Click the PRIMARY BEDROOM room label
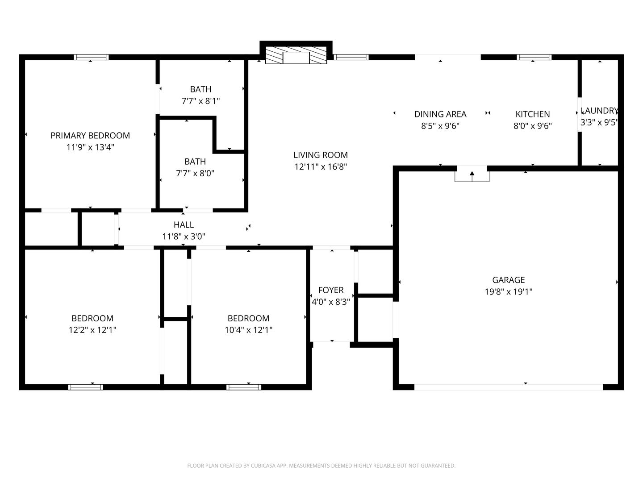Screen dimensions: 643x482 [90, 136]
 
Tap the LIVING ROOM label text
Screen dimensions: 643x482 [321, 155]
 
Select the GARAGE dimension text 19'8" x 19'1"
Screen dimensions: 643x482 [509, 292]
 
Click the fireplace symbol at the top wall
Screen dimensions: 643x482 [296, 55]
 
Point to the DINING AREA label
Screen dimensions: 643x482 [440, 114]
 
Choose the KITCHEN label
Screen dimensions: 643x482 [533, 114]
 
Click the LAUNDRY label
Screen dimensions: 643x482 [599, 111]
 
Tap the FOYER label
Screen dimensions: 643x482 [331, 290]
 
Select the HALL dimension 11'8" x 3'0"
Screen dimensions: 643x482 [184, 237]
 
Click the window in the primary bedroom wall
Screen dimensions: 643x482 [91, 57]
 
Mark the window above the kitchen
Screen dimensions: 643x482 [534, 57]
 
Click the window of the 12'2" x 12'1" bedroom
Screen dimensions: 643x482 [86, 387]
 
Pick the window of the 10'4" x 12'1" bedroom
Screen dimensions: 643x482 [244, 387]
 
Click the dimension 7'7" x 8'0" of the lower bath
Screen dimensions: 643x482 [195, 174]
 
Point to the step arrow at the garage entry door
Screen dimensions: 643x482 [472, 176]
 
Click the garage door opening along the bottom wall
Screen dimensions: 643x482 [509, 387]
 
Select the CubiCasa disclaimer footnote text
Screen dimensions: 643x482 [321, 465]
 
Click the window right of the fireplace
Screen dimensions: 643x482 [351, 57]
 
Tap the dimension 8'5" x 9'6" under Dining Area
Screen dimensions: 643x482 [440, 126]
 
